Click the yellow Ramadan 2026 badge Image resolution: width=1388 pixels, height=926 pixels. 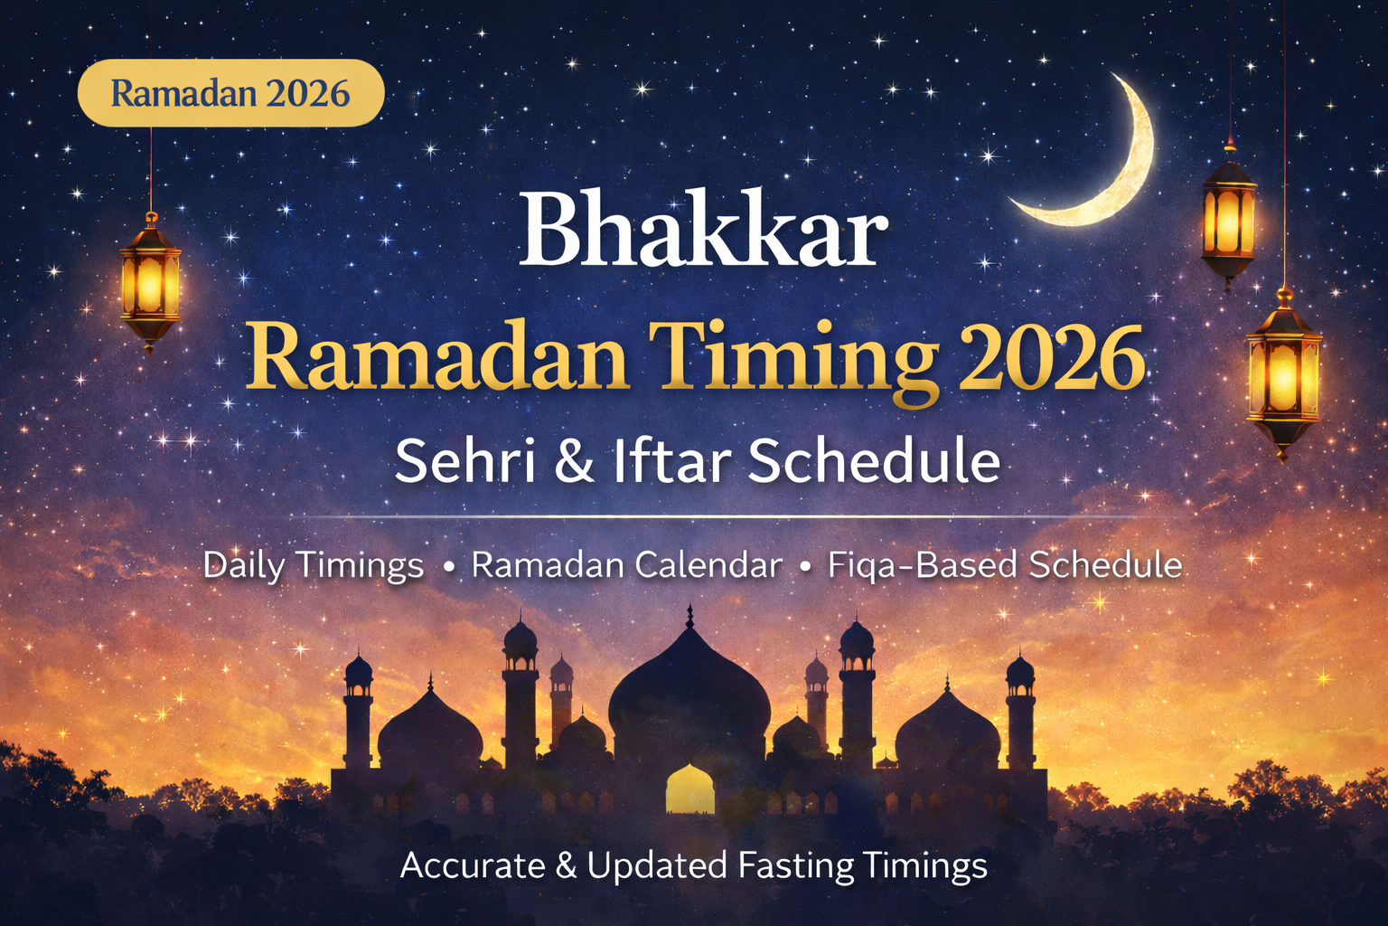coord(230,93)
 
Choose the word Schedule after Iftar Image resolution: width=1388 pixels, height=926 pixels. coord(874,460)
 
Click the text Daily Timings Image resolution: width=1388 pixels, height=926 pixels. coord(313,565)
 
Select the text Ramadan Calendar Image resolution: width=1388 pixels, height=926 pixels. coord(626,565)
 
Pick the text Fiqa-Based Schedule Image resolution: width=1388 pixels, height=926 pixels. coord(1005,565)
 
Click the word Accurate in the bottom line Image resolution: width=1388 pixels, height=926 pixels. coord(473,865)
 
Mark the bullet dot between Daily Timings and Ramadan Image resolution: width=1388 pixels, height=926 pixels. coord(448,567)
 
